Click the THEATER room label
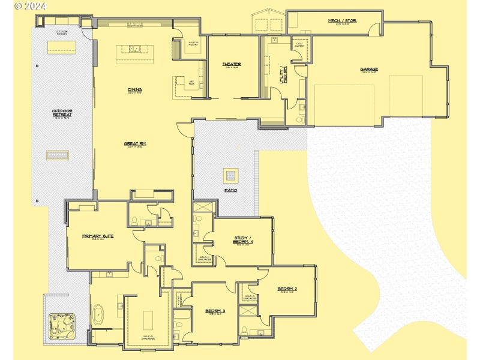point(232,64)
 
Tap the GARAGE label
point(369,69)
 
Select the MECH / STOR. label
point(342,21)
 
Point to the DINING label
point(134,91)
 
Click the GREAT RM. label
point(135,144)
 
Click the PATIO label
point(231,190)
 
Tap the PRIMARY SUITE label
point(98,236)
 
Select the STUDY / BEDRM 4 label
point(243,240)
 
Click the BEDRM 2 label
point(287,289)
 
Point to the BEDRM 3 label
point(215,311)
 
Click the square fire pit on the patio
point(231,175)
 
